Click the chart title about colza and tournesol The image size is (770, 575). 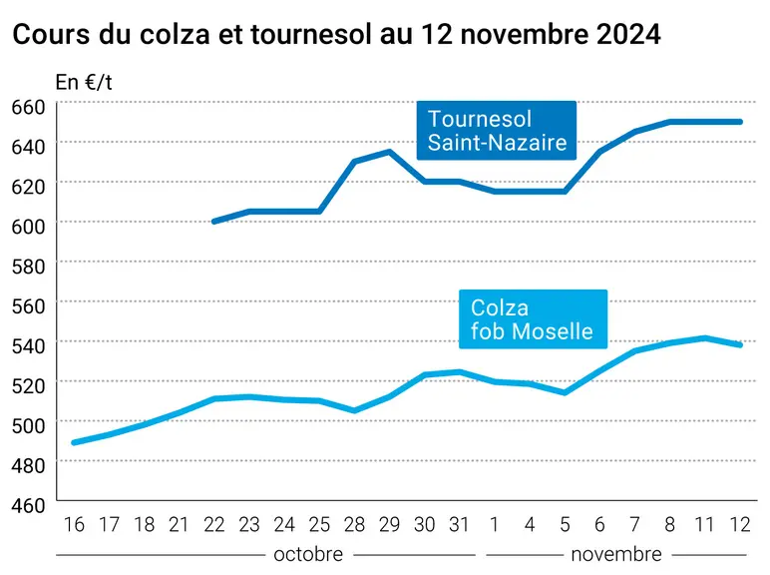(x=336, y=34)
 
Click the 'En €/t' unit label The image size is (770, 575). (x=84, y=83)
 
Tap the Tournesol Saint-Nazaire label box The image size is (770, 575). (x=497, y=130)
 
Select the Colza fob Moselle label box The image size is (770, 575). (x=533, y=319)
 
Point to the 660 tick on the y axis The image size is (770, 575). (x=29, y=107)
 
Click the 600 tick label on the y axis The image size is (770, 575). (x=29, y=226)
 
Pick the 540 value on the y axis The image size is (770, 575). (x=29, y=345)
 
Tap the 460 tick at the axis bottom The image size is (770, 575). (x=29, y=505)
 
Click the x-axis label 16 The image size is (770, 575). (x=74, y=525)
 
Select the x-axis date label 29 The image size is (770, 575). (x=389, y=525)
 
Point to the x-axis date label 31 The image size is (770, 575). (x=459, y=525)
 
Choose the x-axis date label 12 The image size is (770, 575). (x=740, y=525)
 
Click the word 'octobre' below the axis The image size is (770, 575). (x=308, y=554)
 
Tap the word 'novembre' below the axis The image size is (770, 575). (x=616, y=554)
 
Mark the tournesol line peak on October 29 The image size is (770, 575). (x=389, y=152)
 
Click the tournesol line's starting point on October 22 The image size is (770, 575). (x=214, y=222)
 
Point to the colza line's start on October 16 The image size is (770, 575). (x=74, y=443)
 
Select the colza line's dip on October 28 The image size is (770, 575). (x=354, y=411)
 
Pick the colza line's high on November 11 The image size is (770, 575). (x=705, y=338)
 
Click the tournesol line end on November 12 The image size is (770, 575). (x=740, y=122)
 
